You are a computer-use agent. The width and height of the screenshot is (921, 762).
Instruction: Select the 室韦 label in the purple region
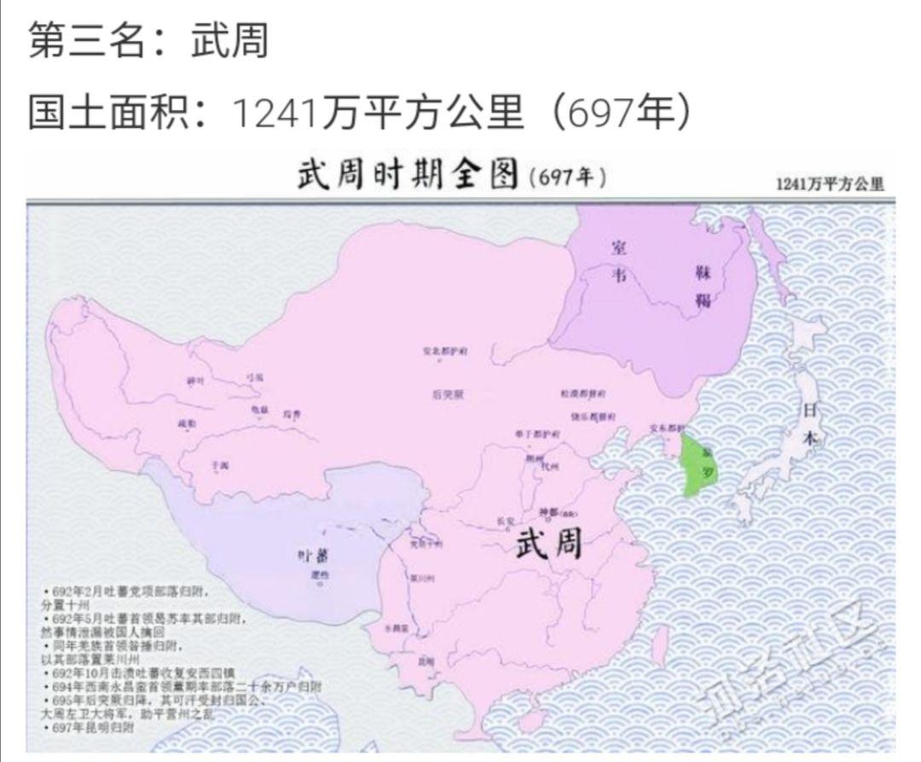point(619,260)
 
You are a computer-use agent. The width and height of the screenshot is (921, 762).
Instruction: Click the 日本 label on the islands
point(810,422)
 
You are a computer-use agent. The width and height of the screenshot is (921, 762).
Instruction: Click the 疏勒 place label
point(186,423)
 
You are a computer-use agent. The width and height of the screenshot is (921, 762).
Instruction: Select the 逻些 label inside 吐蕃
point(321,575)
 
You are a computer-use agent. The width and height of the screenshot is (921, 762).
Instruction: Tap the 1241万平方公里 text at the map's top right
point(829,184)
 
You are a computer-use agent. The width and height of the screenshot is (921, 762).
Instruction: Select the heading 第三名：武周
point(149,41)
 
